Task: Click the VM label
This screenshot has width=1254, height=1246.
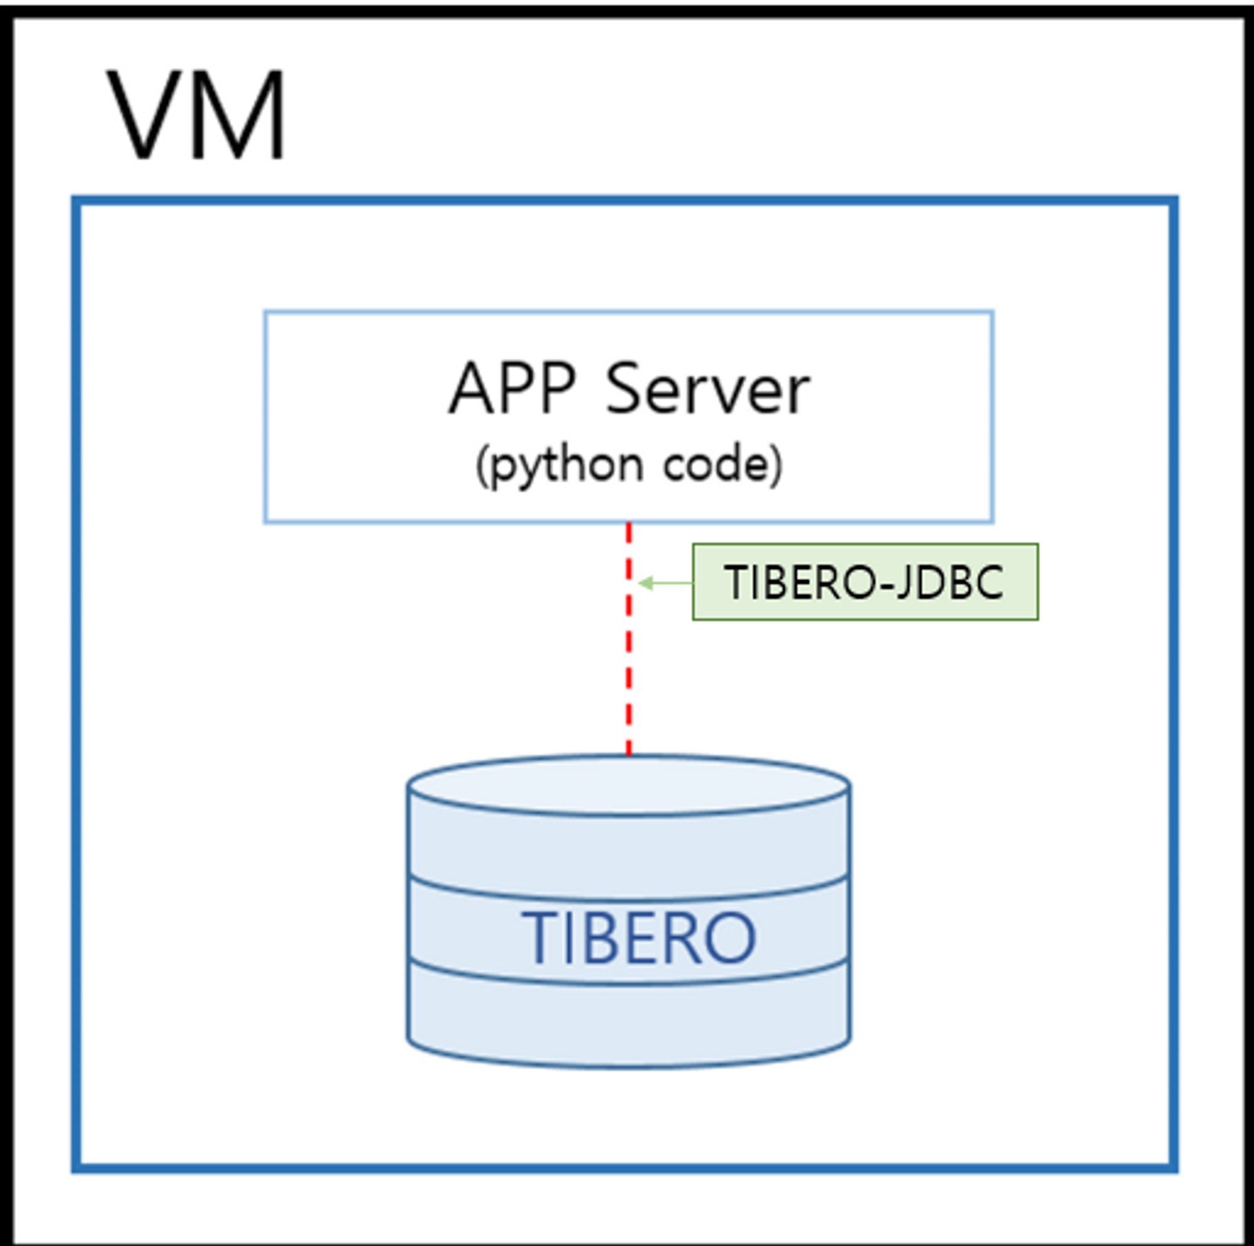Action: (x=196, y=114)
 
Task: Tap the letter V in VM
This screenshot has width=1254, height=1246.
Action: (x=145, y=114)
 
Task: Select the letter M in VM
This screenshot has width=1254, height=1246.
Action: (x=240, y=114)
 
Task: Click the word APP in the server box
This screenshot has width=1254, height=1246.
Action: (x=512, y=389)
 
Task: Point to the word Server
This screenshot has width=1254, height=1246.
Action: (x=707, y=389)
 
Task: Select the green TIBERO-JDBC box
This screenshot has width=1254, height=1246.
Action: (x=865, y=582)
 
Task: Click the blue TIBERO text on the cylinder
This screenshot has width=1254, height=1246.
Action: (x=639, y=937)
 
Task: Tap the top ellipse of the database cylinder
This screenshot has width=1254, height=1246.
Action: (x=628, y=785)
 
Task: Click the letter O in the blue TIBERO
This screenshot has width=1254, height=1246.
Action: (x=731, y=937)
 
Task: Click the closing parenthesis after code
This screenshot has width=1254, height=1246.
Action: (x=776, y=466)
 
